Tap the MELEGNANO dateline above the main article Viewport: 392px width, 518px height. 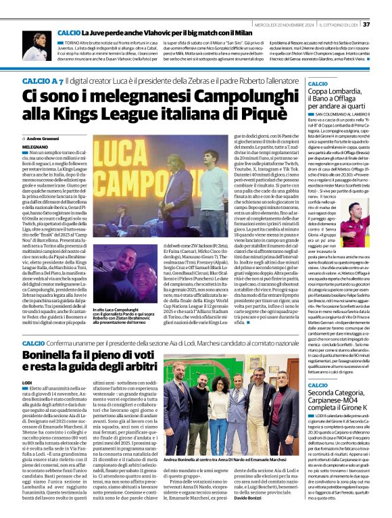35,145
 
